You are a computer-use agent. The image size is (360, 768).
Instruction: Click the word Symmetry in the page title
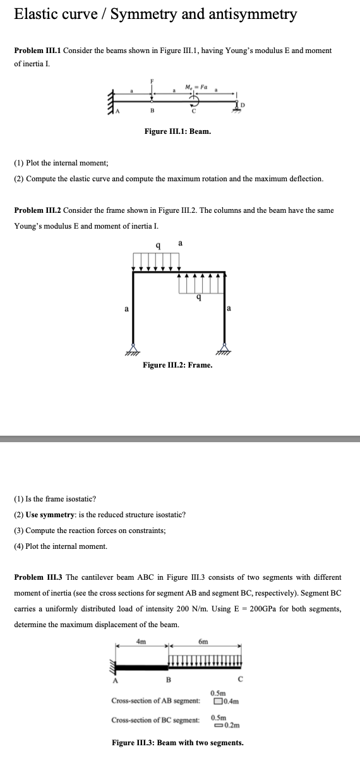(x=143, y=15)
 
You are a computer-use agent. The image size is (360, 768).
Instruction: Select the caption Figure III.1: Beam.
(x=177, y=132)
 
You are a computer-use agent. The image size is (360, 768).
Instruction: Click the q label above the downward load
(x=157, y=246)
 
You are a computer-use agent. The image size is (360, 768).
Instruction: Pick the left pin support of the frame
(x=133, y=349)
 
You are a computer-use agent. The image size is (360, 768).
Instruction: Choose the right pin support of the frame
(x=224, y=349)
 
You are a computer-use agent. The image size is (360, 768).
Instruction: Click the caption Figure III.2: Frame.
(x=177, y=365)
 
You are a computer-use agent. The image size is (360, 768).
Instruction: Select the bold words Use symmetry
(x=49, y=515)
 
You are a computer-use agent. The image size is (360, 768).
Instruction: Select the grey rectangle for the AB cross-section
(x=218, y=701)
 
